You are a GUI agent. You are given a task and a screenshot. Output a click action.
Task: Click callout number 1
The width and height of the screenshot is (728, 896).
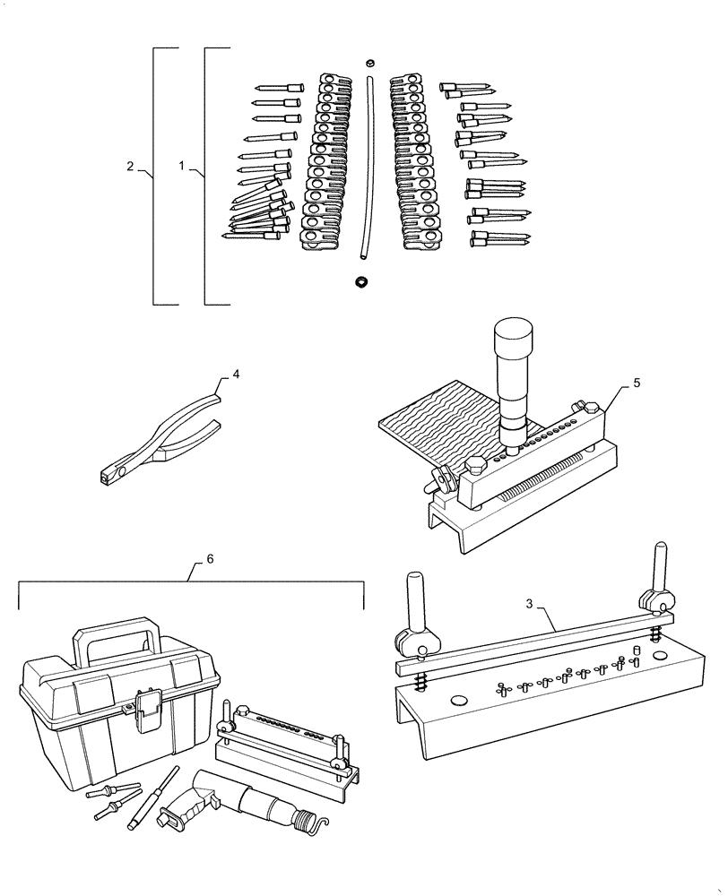tap(182, 167)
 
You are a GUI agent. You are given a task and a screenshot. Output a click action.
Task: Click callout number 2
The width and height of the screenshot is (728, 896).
tap(130, 167)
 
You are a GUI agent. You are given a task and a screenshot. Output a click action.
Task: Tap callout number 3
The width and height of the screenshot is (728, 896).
tap(530, 605)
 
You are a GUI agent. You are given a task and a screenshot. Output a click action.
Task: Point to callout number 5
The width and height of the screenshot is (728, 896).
tap(636, 383)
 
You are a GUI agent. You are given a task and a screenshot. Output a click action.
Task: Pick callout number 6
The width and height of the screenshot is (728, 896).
tap(209, 558)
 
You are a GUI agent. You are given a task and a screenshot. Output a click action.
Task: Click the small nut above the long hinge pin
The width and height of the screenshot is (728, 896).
tap(369, 63)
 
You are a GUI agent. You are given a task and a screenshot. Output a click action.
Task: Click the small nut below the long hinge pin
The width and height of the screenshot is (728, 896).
tap(362, 281)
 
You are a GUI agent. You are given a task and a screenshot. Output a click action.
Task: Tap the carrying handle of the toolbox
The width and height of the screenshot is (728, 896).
tap(117, 634)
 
